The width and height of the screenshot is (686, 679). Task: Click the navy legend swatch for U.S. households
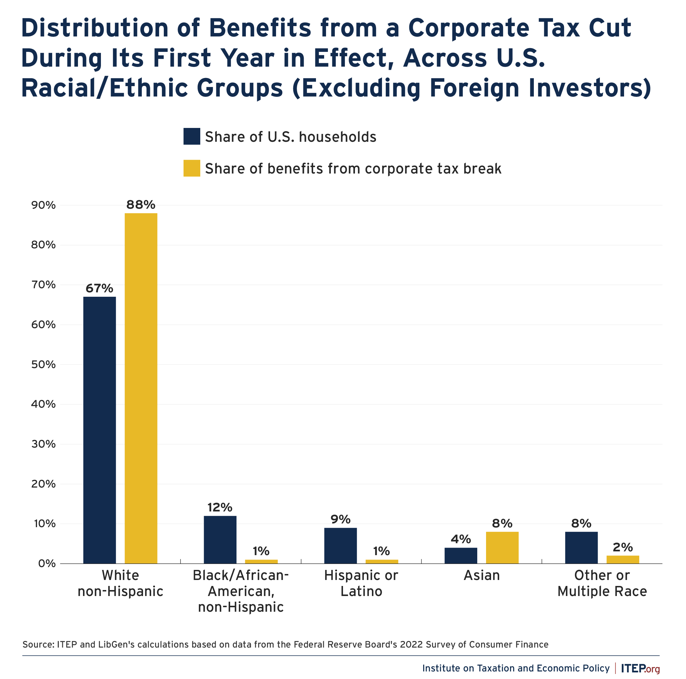191,136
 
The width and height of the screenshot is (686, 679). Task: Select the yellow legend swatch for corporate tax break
191,168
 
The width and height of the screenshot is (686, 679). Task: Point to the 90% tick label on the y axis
43,205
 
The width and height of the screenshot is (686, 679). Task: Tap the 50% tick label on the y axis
43,365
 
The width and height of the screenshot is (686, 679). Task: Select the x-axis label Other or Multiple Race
602,583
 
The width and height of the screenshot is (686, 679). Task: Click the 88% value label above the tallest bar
141,205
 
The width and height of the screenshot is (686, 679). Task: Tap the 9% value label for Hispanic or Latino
340,520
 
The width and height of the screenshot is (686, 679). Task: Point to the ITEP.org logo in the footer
640,668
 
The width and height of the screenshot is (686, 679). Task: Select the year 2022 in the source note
412,644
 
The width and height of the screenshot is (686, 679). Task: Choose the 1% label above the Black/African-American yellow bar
261,551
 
